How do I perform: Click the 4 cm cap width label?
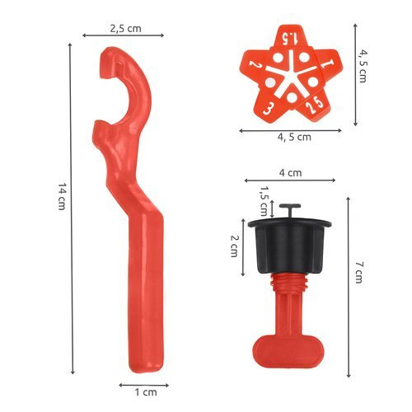(x=290, y=173)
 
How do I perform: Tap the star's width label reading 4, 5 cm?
(x=292, y=137)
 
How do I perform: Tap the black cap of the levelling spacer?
(x=288, y=247)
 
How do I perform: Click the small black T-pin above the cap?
(x=288, y=210)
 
